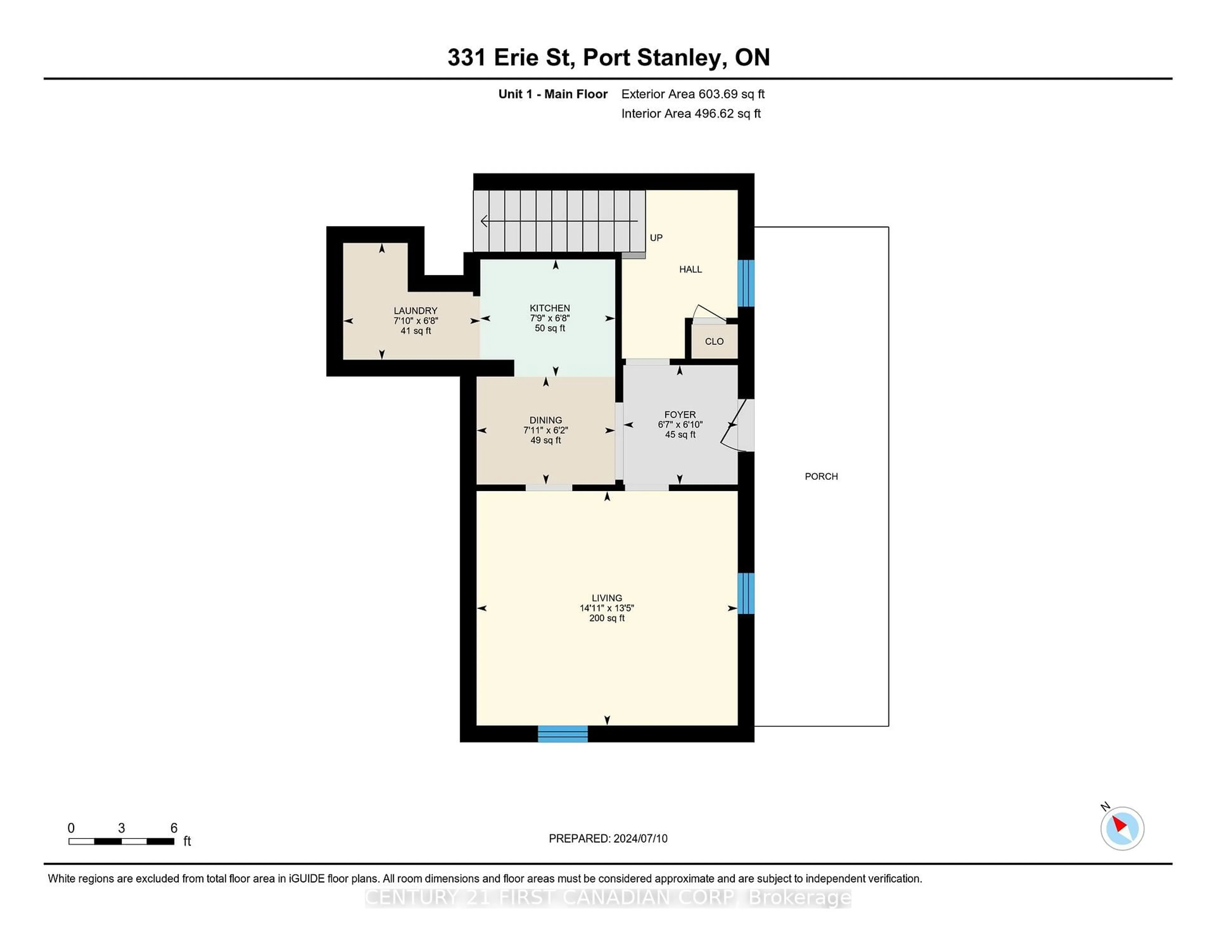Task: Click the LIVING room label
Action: [x=607, y=598]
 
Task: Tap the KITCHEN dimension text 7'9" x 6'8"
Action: [x=549, y=318]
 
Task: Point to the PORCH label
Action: [x=821, y=476]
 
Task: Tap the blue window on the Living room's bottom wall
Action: [x=562, y=734]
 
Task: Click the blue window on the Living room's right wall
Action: [x=745, y=593]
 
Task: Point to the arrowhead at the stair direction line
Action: [x=484, y=221]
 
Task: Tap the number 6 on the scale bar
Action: [x=174, y=828]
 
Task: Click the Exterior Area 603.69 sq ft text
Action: [x=693, y=94]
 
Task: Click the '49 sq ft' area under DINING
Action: [x=546, y=440]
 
